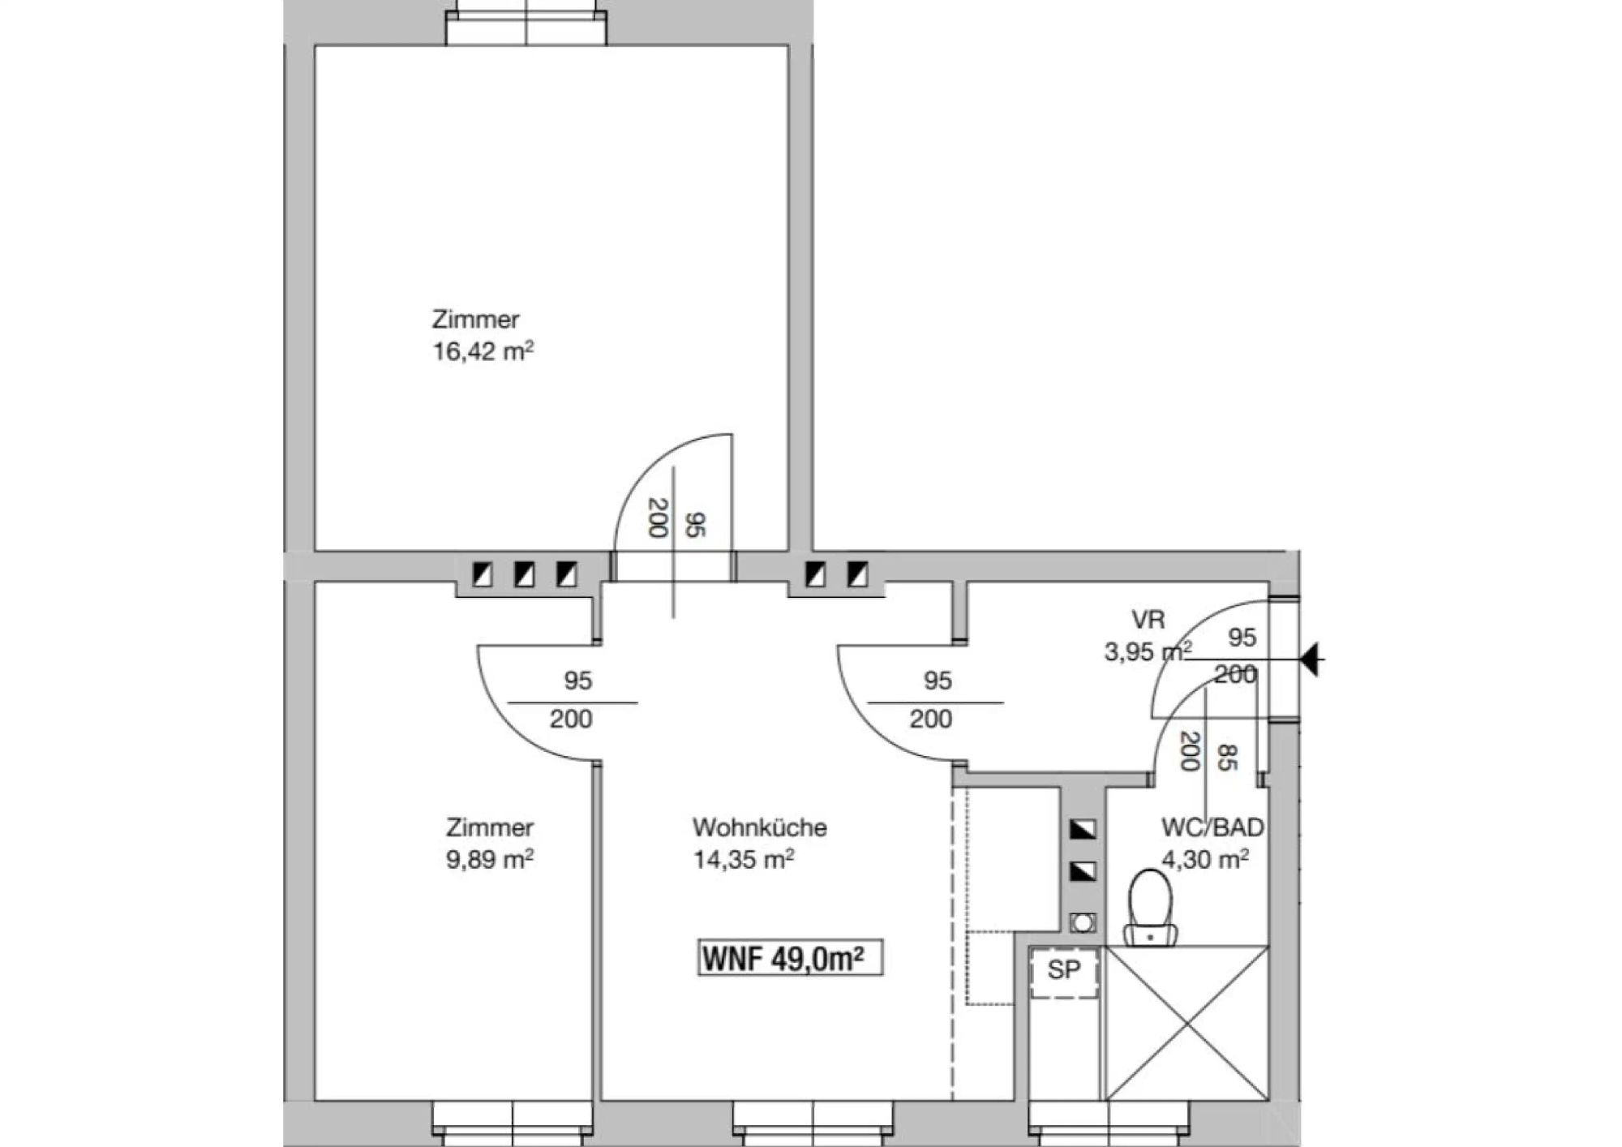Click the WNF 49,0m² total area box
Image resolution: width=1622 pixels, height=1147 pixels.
click(790, 958)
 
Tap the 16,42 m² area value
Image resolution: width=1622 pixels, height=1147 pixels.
click(483, 351)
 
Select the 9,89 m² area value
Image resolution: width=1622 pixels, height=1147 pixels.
click(490, 859)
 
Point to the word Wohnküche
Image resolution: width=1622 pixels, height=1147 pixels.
click(760, 827)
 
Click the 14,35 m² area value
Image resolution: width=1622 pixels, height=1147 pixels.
click(744, 859)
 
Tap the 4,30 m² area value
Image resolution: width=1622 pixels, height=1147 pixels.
click(1205, 859)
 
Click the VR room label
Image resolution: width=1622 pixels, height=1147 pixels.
click(1148, 620)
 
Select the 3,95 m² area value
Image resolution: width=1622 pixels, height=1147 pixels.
click(1148, 651)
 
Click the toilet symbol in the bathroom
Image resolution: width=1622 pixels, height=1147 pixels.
click(1151, 908)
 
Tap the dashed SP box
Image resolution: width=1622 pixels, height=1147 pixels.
click(1064, 973)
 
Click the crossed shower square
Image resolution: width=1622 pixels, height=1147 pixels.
click(1186, 1023)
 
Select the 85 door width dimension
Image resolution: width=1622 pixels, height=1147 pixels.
click(1226, 758)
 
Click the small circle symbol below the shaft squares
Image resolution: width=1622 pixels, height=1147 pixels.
click(1083, 921)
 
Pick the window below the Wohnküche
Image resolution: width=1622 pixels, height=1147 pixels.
click(813, 1122)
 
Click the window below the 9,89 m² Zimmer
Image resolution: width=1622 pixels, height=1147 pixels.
click(513, 1122)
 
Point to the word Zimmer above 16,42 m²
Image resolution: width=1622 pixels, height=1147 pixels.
click(475, 320)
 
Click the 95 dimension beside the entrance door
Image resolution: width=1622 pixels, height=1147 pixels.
click(1242, 638)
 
